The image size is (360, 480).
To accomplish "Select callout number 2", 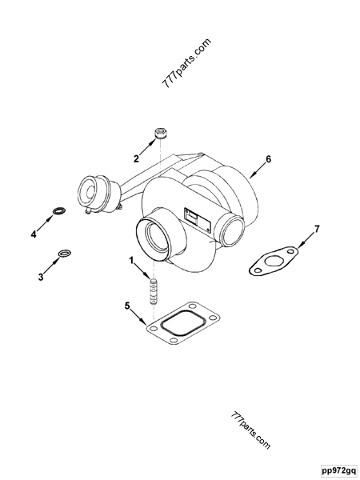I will pyautogui.click(x=136, y=158).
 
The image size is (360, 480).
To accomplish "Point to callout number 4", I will pyautogui.click(x=34, y=234).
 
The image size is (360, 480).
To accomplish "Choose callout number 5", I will pyautogui.click(x=127, y=306).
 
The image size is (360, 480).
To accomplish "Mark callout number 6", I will pyautogui.click(x=269, y=159).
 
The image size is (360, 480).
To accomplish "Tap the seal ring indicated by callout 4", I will pyautogui.click(x=58, y=212).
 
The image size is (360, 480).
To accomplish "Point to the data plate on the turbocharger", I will pyautogui.click(x=195, y=216).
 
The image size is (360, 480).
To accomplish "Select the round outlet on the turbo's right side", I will pyautogui.click(x=233, y=231).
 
